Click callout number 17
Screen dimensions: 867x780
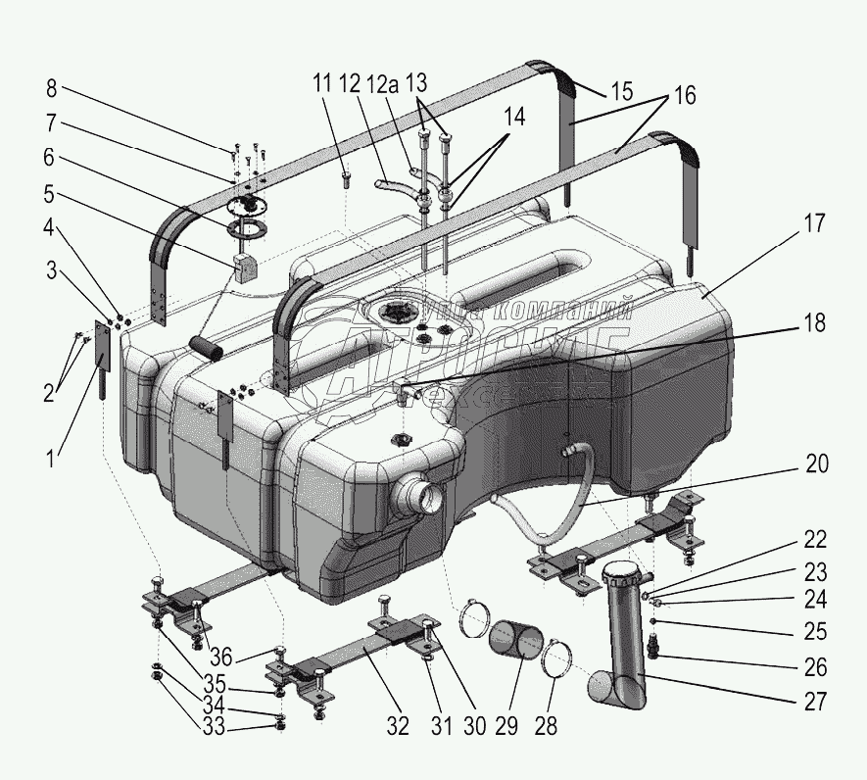pyautogui.click(x=813, y=223)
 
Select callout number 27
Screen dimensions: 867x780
pyautogui.click(x=815, y=702)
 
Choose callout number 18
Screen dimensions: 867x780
pyautogui.click(x=814, y=323)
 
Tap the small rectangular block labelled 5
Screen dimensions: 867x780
pyautogui.click(x=246, y=267)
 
